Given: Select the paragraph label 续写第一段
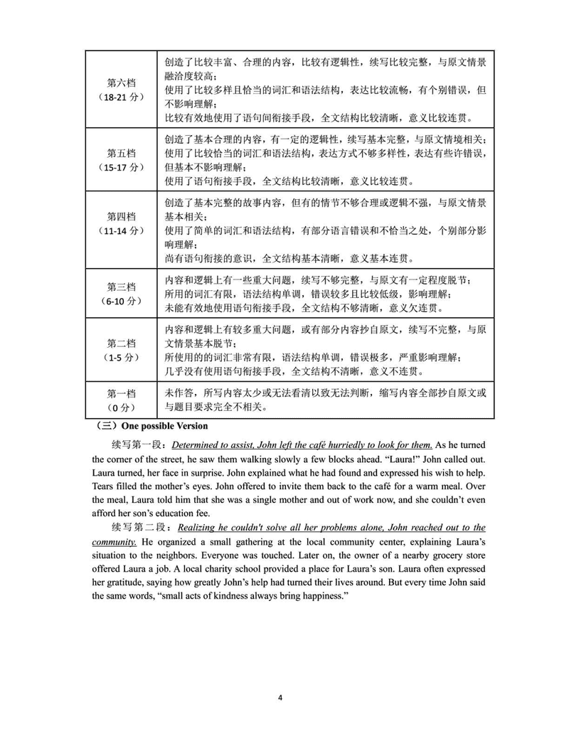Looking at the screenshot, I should point(139,445).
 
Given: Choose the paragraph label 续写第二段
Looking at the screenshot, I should point(139,528).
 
